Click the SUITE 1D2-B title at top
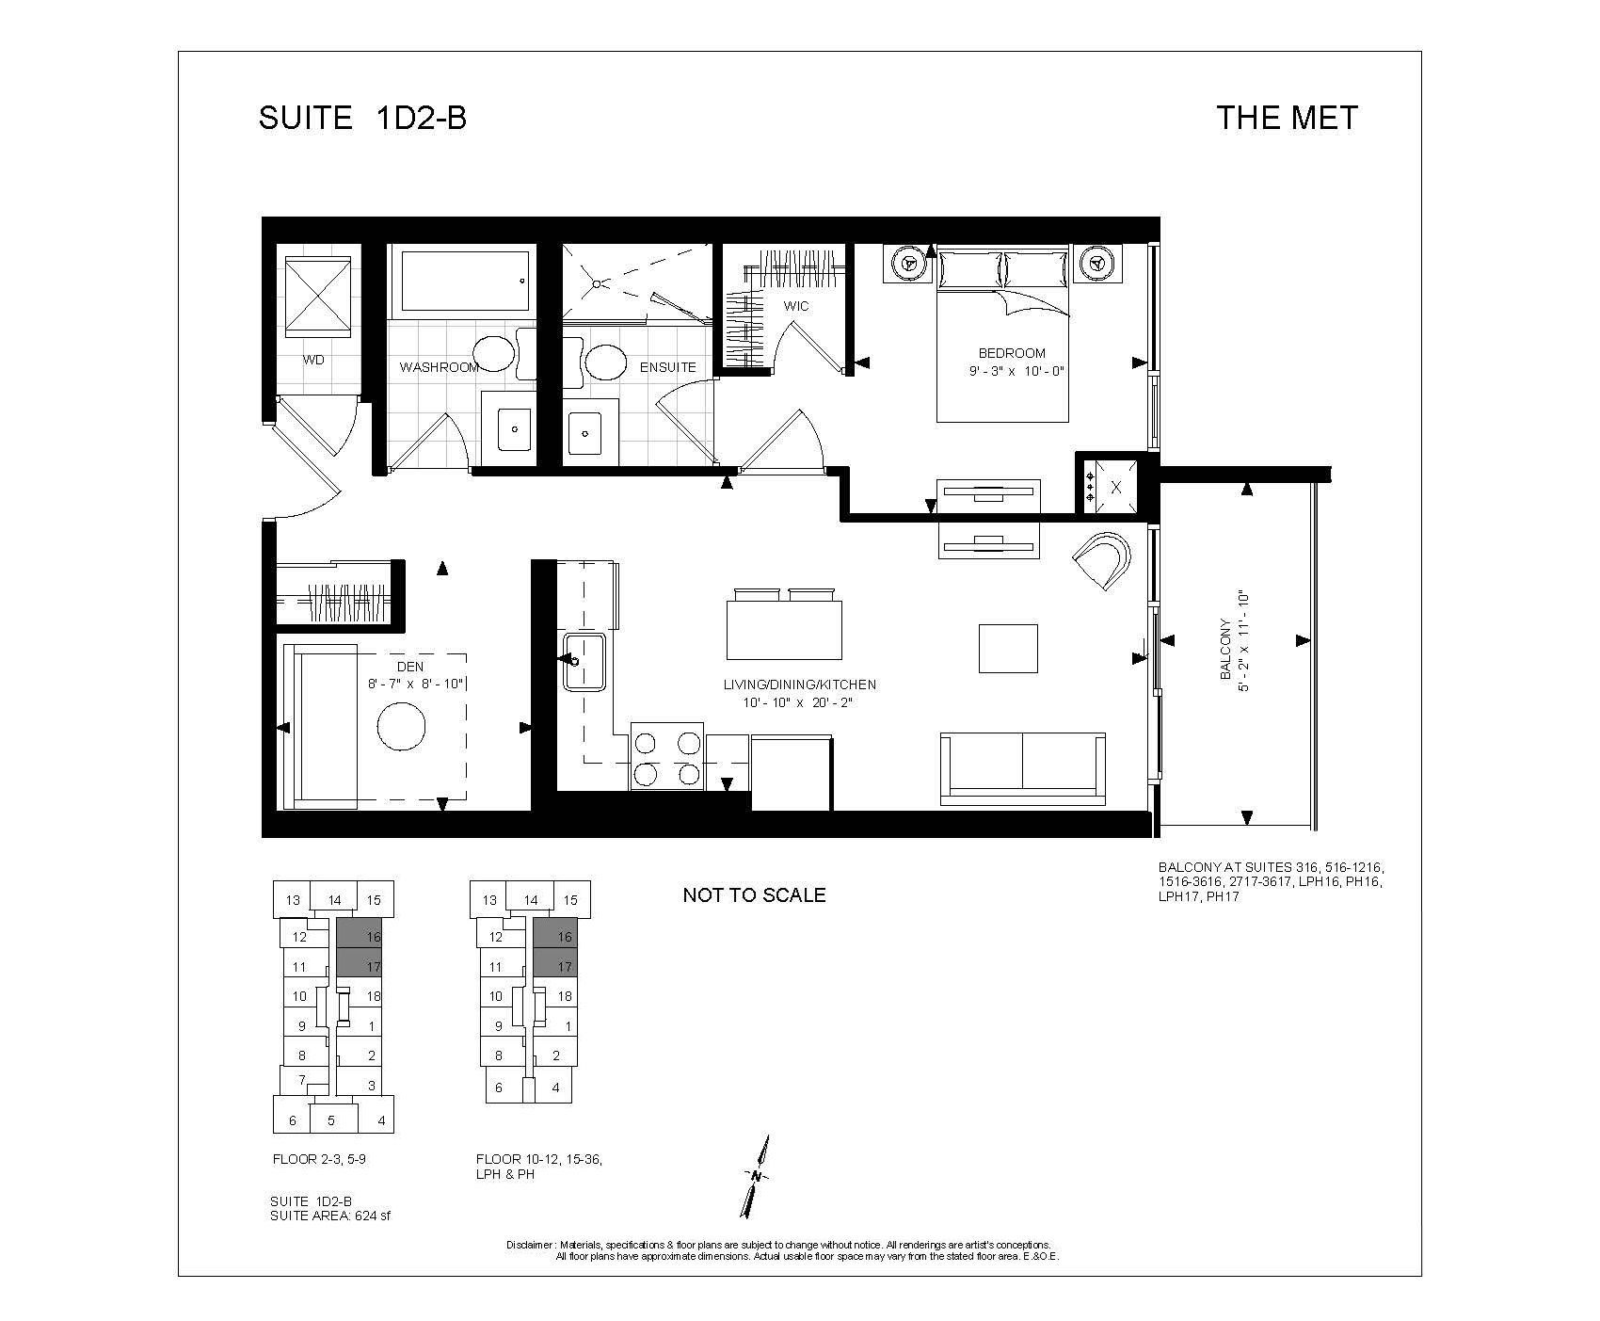point(362,118)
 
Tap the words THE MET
point(1287,118)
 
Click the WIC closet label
point(796,306)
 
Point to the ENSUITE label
point(667,367)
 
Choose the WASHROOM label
point(440,367)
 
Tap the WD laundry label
point(313,360)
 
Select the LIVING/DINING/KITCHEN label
point(800,685)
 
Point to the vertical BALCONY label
point(1225,649)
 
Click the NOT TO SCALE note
point(754,895)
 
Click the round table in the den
point(402,726)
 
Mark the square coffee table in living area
point(1008,648)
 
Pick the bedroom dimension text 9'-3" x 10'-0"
point(1020,371)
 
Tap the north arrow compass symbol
point(757,1177)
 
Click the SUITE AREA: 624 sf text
point(329,1216)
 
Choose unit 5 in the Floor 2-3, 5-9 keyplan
point(330,1120)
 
